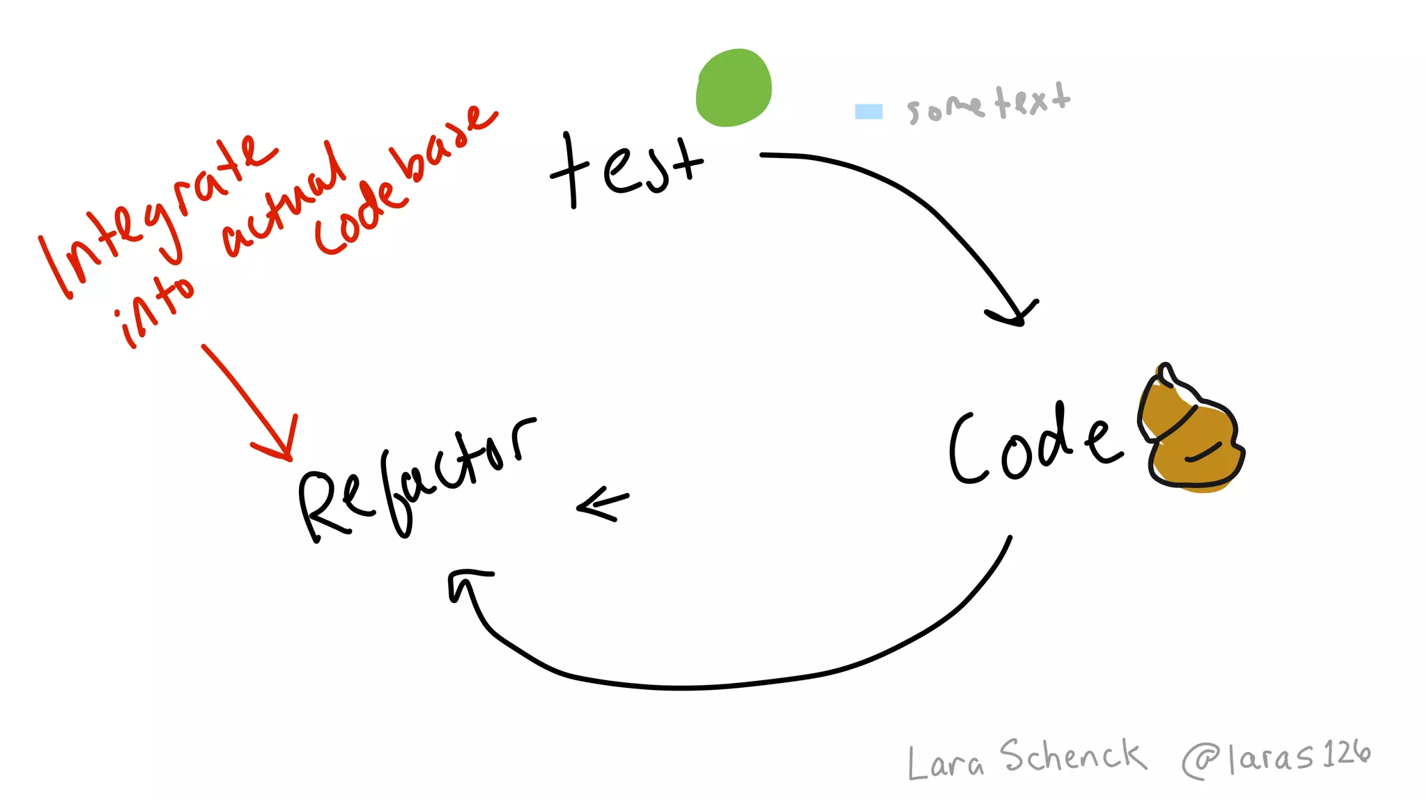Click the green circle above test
[734, 88]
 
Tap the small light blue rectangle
[868, 111]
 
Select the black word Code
[1035, 446]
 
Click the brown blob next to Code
[1192, 435]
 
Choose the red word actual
[286, 202]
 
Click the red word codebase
[404, 181]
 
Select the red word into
[155, 310]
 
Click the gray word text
[1033, 101]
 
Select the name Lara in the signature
[946, 762]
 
